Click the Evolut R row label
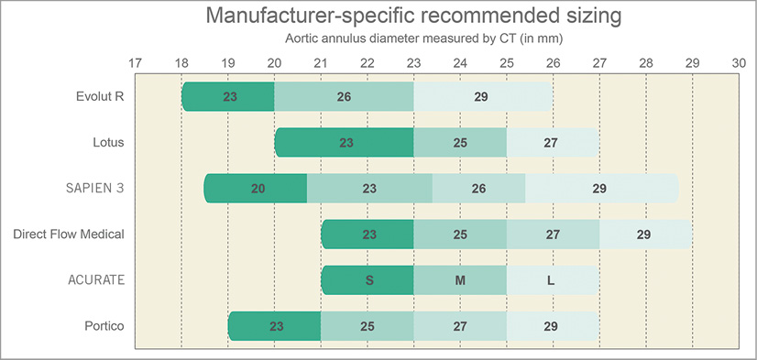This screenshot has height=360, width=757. (x=101, y=97)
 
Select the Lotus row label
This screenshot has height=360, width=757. (x=108, y=143)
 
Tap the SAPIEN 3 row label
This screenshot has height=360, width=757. (x=95, y=189)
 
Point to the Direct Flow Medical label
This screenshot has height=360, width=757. (x=69, y=235)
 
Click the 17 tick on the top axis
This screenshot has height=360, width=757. (x=135, y=63)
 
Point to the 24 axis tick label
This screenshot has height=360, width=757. (x=460, y=63)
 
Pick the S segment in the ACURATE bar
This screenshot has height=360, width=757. (x=368, y=280)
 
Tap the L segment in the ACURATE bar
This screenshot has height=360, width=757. (x=552, y=280)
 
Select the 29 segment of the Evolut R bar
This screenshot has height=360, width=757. (x=483, y=97)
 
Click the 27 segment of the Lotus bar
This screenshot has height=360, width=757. (x=552, y=143)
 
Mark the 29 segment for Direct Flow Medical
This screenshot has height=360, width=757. (x=645, y=235)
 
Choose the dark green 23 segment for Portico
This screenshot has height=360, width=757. (x=275, y=326)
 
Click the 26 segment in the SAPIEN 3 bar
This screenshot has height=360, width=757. (x=478, y=189)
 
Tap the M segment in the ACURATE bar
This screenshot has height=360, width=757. (x=460, y=280)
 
